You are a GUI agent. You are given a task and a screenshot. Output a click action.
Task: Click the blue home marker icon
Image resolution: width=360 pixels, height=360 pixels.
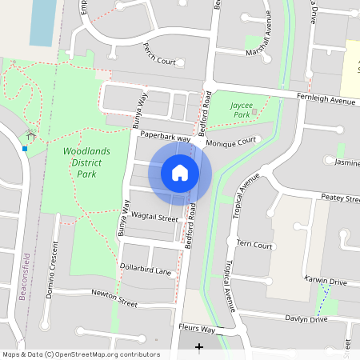tap(180, 172)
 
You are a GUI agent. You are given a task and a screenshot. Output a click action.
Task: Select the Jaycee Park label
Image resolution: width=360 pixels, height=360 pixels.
tap(241, 110)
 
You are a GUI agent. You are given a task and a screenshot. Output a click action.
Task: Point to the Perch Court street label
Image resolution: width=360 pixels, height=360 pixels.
tap(157, 61)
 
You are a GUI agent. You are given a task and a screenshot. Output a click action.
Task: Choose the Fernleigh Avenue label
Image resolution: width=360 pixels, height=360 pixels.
tap(326, 102)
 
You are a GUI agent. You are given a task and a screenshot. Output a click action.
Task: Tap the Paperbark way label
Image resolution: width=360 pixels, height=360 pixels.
tap(164, 138)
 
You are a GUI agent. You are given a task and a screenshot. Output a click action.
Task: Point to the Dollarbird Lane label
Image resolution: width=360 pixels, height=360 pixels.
tap(146, 271)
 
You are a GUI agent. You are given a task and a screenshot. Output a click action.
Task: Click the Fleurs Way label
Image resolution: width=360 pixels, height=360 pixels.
tap(197, 329)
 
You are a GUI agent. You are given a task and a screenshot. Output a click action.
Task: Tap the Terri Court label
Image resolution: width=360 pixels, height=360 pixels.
tap(255, 246)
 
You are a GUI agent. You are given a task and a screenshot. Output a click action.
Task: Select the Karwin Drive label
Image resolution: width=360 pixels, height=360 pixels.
tap(326, 282)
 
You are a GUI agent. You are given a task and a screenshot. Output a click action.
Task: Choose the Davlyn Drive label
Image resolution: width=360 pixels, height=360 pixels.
tap(307, 319)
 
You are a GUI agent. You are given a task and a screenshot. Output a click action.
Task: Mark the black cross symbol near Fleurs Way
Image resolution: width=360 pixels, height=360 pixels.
tap(199, 346)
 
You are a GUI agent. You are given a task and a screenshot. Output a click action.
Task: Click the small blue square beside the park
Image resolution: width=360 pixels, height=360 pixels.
tap(25, 148)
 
